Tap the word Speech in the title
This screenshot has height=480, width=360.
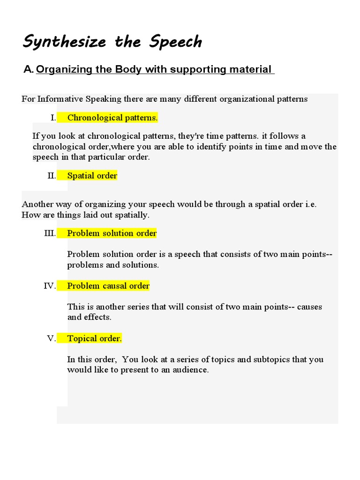coord(176,42)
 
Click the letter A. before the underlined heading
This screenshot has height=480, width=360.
coord(29,70)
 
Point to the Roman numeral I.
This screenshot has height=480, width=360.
coord(53,118)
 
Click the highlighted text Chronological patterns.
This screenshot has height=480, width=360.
coord(112,118)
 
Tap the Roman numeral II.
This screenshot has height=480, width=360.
coord(52,176)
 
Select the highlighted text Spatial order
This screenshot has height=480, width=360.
coord(92,176)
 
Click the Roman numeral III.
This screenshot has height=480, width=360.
coord(50,233)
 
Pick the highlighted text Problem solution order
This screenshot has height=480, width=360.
coord(112,233)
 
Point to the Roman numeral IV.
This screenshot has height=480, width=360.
coord(50,286)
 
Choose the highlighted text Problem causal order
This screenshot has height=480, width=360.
coord(108,286)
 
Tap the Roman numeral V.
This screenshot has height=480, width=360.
coord(52,338)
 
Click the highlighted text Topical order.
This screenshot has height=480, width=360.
coord(94,338)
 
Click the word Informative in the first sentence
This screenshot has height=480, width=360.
coord(60,99)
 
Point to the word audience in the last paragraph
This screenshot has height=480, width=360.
coord(189,370)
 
